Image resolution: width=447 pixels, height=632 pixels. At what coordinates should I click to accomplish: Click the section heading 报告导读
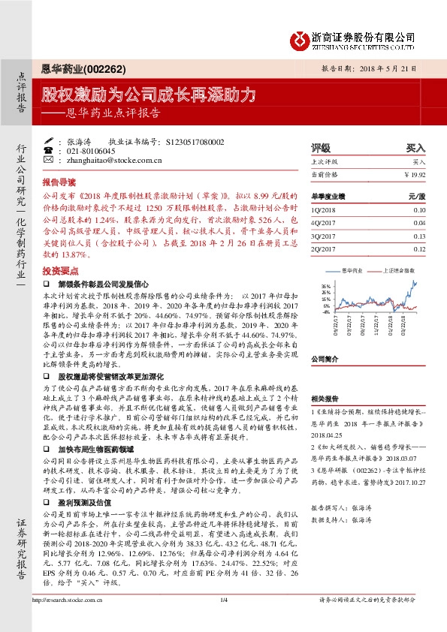point(59,182)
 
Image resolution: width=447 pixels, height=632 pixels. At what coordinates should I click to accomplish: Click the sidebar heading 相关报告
point(324,399)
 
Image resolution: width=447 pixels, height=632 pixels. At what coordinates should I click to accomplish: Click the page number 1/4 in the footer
point(223,620)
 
